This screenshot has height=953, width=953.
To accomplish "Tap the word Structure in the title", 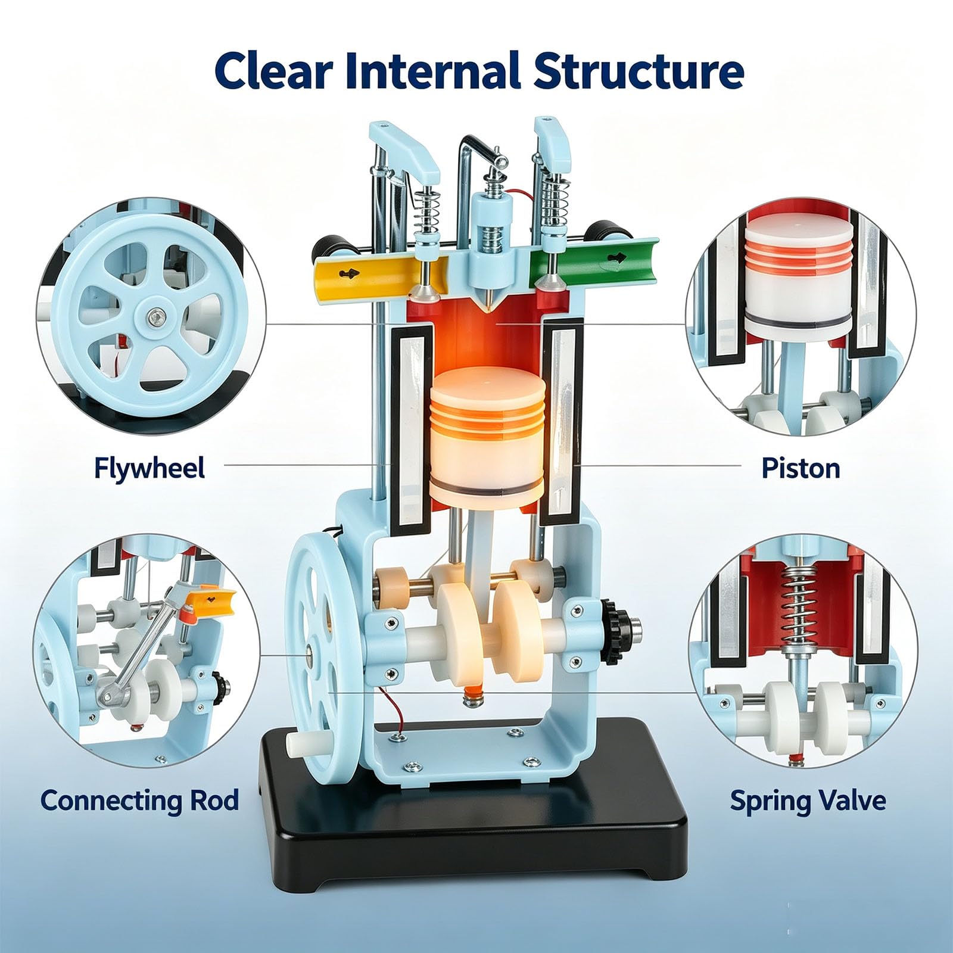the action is [638, 71].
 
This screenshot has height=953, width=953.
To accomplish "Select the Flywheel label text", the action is [149, 468].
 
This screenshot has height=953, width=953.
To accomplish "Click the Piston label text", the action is [801, 468].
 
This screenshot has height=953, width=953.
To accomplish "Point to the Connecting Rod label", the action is [139, 800].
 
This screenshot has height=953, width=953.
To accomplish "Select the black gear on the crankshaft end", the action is [612, 633].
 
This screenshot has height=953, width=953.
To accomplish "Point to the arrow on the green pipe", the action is [616, 259].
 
